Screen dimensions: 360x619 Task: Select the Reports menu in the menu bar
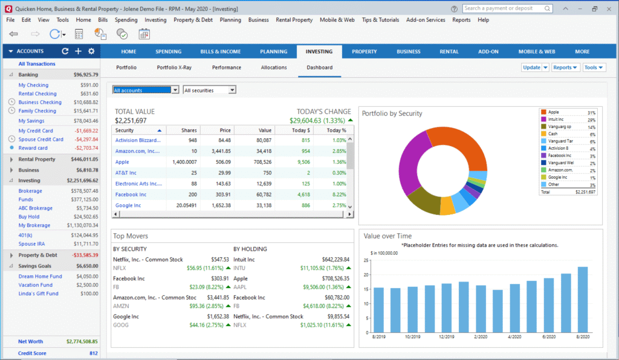tap(461, 20)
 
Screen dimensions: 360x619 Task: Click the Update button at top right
tap(531, 68)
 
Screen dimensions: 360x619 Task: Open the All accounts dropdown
tap(146, 90)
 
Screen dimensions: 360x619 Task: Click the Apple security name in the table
tap(123, 162)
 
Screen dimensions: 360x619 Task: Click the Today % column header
tap(336, 130)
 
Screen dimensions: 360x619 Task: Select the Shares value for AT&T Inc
tap(193, 173)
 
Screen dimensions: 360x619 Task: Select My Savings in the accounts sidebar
tap(31, 121)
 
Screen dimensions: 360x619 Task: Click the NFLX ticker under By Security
tap(119, 268)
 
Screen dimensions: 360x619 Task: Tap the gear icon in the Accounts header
tap(91, 51)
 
